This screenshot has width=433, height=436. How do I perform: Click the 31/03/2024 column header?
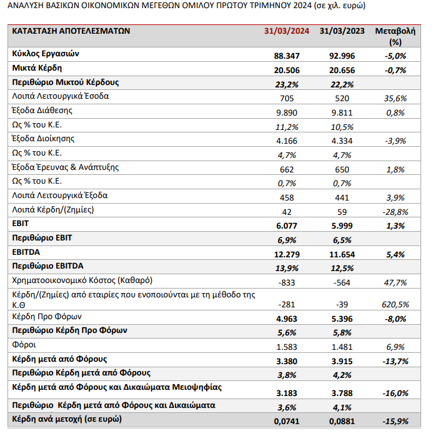(x=287, y=31)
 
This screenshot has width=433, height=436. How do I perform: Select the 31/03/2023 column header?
(x=341, y=31)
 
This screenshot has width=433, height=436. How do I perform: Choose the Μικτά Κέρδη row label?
(x=37, y=67)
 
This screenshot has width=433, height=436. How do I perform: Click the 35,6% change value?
(x=395, y=98)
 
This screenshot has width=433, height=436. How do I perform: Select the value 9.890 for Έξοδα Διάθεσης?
(x=287, y=112)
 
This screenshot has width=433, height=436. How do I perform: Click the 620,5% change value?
(x=395, y=304)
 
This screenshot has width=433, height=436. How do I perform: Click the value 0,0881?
(x=341, y=422)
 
